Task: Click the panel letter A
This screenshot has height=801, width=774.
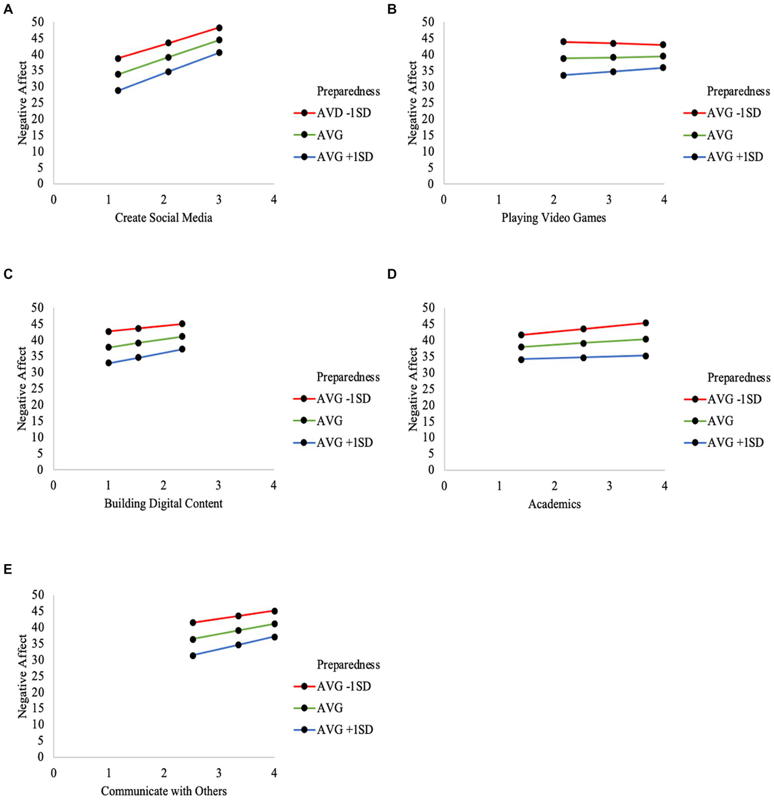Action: [x=8, y=10]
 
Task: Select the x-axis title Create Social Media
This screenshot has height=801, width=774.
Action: [x=163, y=218]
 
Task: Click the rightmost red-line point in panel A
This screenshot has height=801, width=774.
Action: [x=219, y=28]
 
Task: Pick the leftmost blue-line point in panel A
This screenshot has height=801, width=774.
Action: [x=118, y=91]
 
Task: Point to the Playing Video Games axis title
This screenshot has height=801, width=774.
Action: [x=553, y=218]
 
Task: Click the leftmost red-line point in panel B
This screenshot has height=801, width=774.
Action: [x=563, y=42]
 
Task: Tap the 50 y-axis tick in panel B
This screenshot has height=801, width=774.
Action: [x=428, y=22]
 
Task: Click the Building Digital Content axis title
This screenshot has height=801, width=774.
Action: [x=163, y=504]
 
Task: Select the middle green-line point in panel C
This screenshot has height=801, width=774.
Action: [x=138, y=343]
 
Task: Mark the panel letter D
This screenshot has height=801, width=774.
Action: [x=392, y=274]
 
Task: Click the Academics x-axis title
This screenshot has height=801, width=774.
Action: [x=554, y=504]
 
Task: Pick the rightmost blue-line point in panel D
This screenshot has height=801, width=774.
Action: [x=645, y=356]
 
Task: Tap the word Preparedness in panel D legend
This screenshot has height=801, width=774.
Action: [x=739, y=378]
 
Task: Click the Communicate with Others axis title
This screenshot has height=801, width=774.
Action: [x=163, y=791]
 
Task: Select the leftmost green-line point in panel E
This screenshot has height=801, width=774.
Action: [x=193, y=639]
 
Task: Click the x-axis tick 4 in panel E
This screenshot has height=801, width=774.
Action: [x=274, y=773]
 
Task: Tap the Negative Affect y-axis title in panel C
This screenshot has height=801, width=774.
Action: [x=22, y=388]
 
